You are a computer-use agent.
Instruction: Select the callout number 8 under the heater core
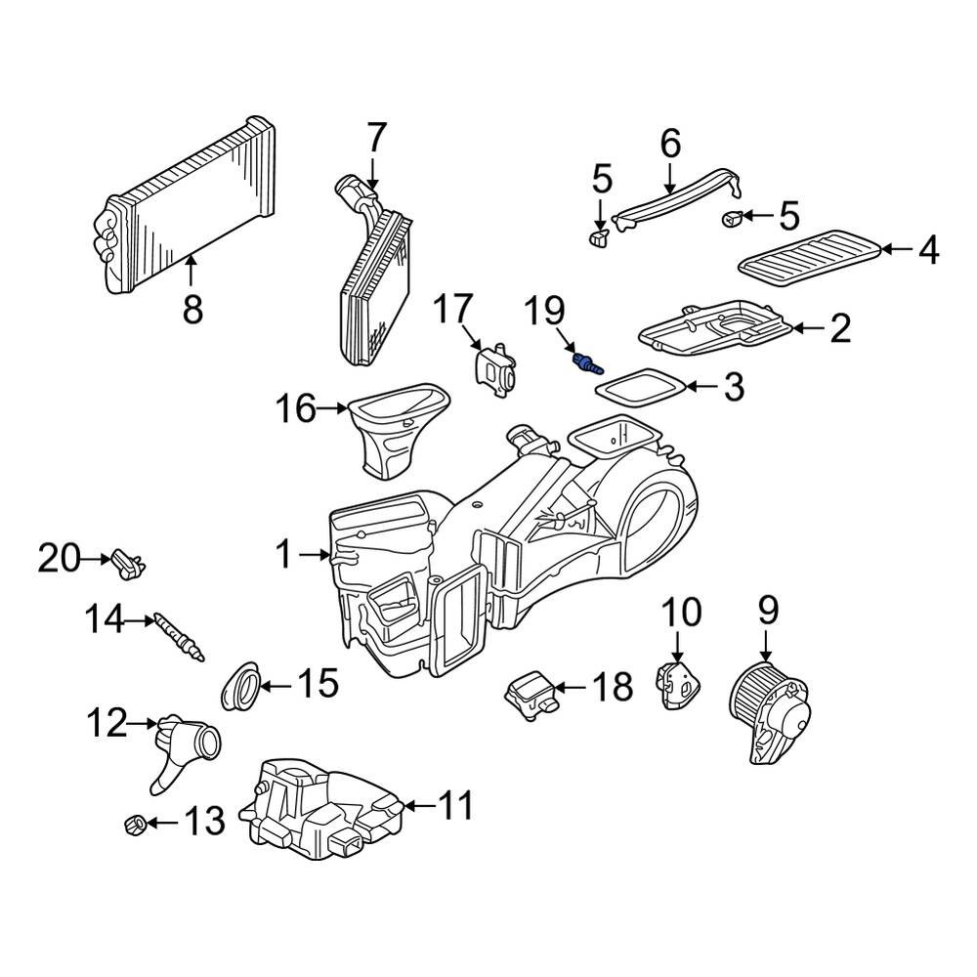(192, 309)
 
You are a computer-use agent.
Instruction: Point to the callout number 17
(453, 309)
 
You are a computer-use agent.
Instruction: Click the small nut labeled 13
(136, 826)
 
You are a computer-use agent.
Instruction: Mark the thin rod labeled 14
(177, 640)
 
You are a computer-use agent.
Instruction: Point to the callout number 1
(282, 556)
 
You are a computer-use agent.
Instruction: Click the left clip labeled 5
(599, 237)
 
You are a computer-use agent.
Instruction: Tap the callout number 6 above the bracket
(670, 144)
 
